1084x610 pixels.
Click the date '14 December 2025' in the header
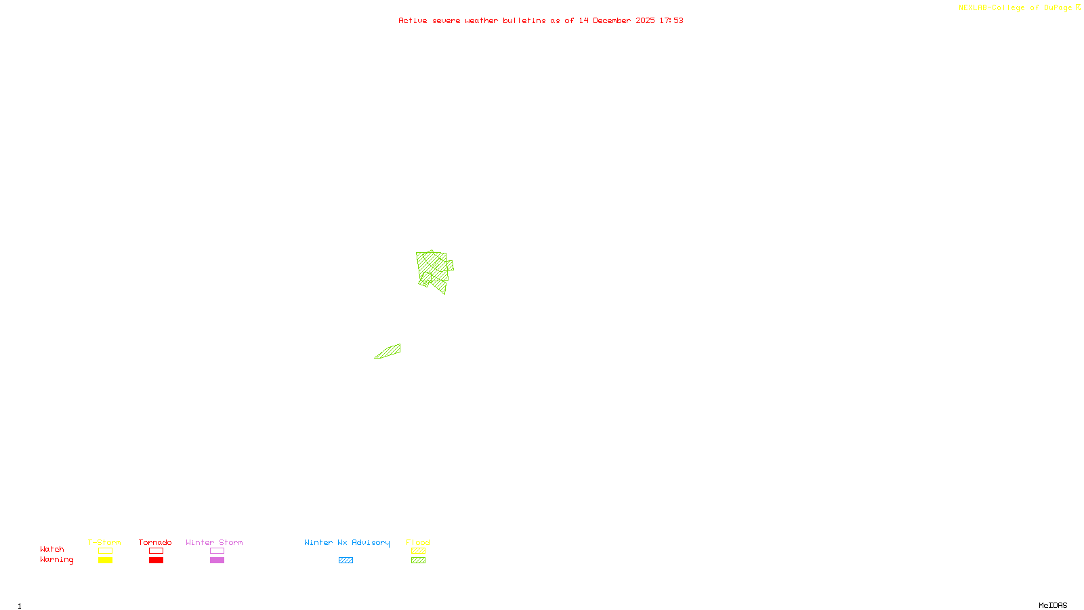pos(617,20)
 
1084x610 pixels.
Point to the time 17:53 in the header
pos(671,20)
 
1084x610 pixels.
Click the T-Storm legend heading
pos(104,542)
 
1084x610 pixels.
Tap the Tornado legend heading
pos(155,542)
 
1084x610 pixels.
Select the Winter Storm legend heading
pos(214,542)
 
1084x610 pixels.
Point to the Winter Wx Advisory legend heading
pos(347,542)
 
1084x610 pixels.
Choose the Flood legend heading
pos(418,542)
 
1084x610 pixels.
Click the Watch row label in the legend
pos(52,549)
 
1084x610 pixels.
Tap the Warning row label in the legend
pos(56,560)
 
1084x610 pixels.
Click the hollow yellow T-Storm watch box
pos(105,551)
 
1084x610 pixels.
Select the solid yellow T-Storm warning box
pos(105,561)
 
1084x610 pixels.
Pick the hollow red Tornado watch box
pos(156,551)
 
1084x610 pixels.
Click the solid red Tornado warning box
pos(156,561)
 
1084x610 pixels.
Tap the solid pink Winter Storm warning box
pos(217,561)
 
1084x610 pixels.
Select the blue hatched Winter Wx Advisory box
pos(346,561)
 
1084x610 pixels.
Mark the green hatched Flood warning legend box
pos(418,561)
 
